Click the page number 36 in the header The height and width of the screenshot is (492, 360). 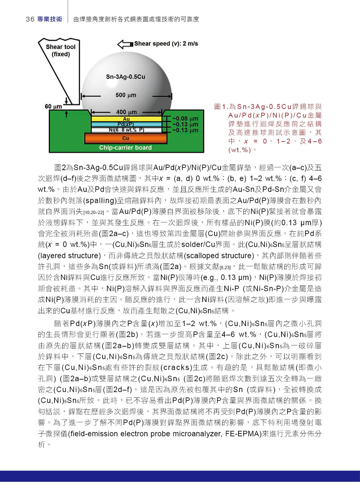tap(30, 19)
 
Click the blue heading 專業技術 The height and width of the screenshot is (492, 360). tap(50, 19)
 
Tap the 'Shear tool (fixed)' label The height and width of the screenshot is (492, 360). tap(60, 50)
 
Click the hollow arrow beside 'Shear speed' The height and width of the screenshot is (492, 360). tap(125, 44)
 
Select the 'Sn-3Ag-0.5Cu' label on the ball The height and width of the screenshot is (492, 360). tap(125, 77)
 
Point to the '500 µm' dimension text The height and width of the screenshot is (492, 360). tap(126, 95)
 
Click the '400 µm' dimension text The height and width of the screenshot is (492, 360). tap(126, 112)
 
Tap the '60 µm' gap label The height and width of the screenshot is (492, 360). tap(53, 106)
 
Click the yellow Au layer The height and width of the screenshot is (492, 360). tap(126, 119)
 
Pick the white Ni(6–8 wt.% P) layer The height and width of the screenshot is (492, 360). tap(126, 130)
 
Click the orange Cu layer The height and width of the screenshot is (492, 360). tap(125, 138)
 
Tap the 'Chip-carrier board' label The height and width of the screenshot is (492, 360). tap(125, 148)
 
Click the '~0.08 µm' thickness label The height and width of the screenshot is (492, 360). tap(185, 119)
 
